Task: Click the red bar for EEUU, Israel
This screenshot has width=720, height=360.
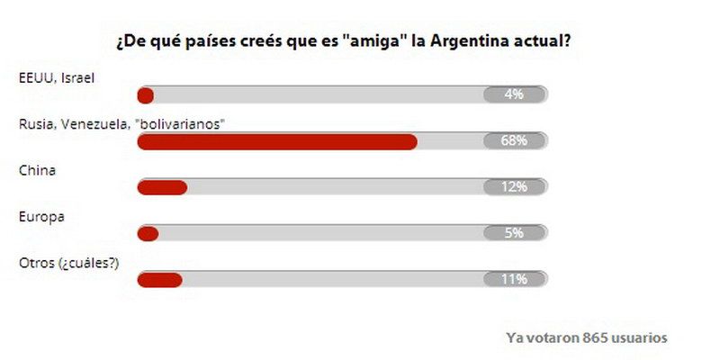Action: point(145,95)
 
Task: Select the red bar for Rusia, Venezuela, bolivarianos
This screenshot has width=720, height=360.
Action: point(277,141)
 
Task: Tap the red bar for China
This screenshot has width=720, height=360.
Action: point(162,187)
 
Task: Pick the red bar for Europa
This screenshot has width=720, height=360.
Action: point(148,233)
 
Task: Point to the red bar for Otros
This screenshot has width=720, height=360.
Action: point(159,279)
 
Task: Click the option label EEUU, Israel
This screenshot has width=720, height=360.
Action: point(57,78)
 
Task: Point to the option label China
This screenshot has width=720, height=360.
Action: point(37,170)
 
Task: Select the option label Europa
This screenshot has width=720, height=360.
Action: point(41,216)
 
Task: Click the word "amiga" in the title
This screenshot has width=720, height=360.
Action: point(373,41)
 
